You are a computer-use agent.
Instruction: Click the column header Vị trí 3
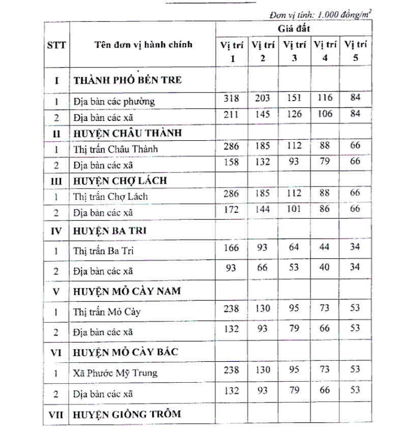pos(295,51)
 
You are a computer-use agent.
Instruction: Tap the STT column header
pos(57,44)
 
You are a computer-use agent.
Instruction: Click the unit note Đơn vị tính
pos(318,15)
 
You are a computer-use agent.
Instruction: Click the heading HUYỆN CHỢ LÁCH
pos(121,180)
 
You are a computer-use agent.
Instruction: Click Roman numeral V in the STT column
pos(57,291)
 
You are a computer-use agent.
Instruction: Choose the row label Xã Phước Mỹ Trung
pos(115,373)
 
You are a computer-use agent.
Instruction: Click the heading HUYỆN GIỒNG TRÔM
pos(127,414)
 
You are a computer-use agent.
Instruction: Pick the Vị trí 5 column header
pos(356,51)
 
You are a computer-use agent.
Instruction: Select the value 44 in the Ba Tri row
pos(325,248)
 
